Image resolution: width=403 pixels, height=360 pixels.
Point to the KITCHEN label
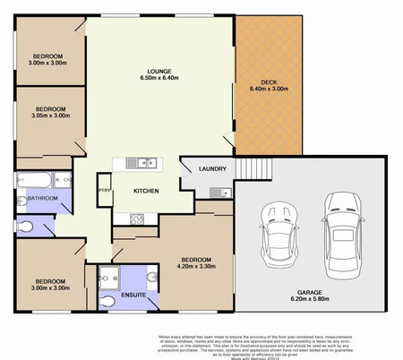[147, 192]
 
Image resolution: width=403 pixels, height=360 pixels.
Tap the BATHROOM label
[42, 198]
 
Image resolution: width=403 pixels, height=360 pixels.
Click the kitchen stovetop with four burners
[136, 218]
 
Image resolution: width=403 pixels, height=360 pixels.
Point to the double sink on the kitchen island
[141, 163]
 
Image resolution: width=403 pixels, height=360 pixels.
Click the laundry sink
[215, 192]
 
